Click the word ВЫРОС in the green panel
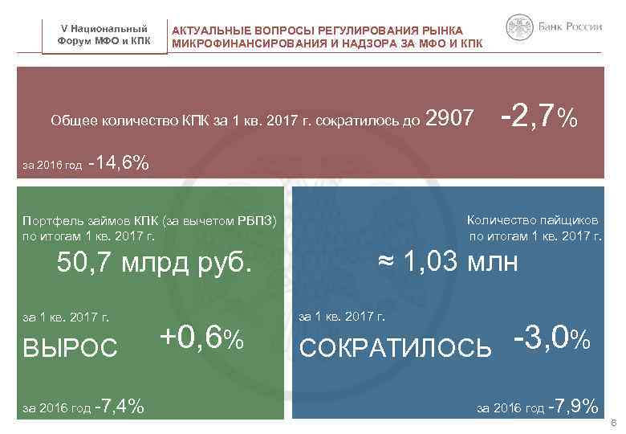(71, 346)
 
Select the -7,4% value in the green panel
(119, 407)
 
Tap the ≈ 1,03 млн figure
(449, 263)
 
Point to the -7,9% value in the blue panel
(572, 407)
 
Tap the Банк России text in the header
(571, 27)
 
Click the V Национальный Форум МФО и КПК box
(106, 35)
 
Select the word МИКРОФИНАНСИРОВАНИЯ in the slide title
(246, 43)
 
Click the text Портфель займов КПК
(90, 221)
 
